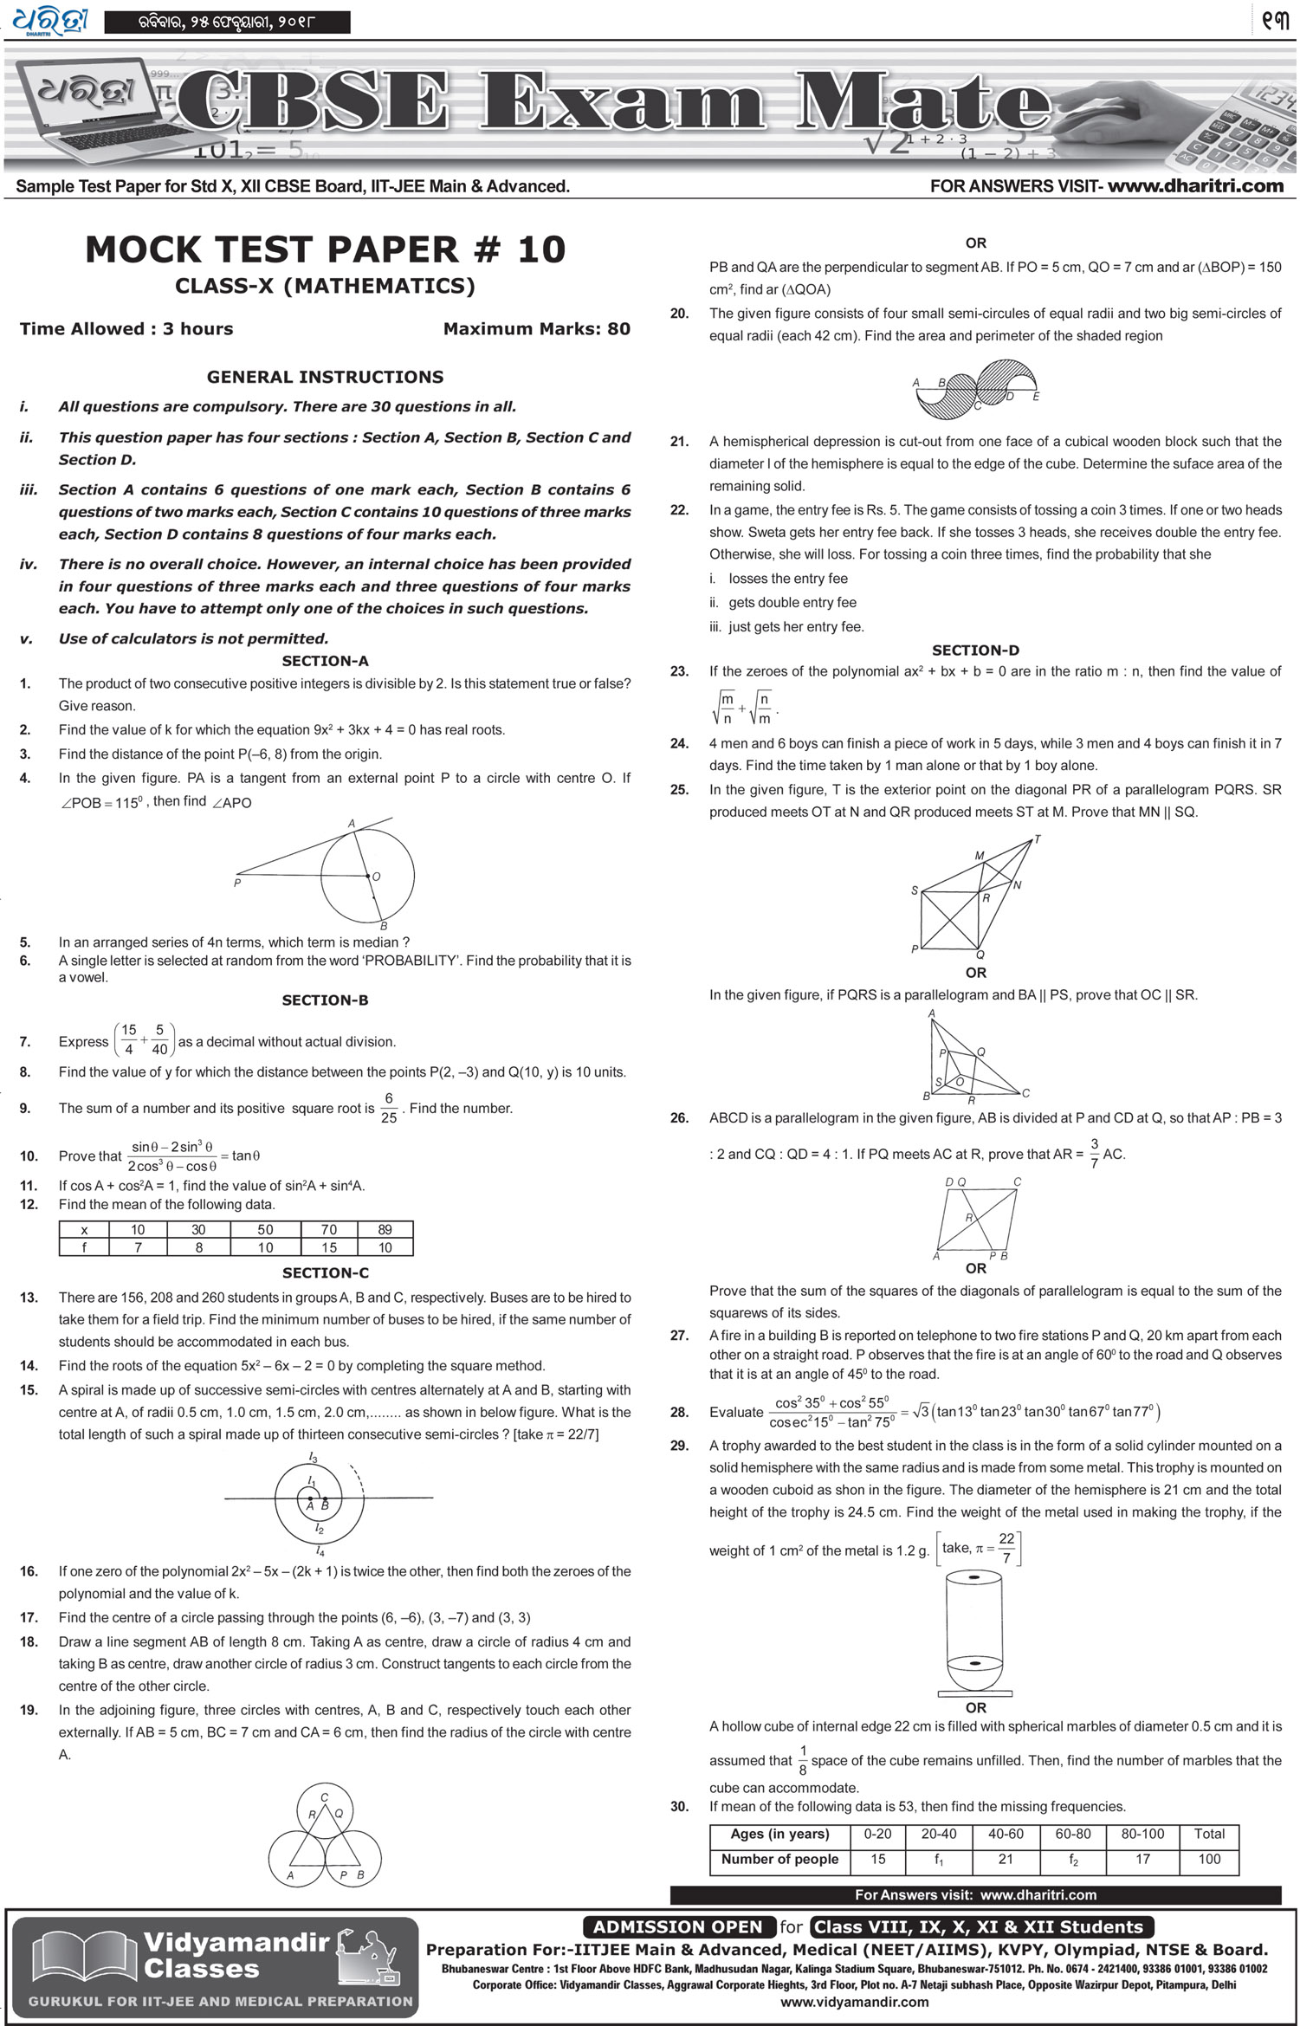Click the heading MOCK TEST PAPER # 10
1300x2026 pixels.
[x=325, y=250]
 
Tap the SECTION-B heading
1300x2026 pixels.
[x=325, y=1000]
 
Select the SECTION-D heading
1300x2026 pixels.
[x=975, y=651]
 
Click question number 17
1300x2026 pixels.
[x=29, y=1617]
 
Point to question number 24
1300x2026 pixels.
[x=679, y=743]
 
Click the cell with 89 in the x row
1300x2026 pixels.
[x=385, y=1229]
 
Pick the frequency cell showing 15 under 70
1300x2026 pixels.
[x=328, y=1247]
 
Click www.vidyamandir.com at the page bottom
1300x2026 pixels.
[x=854, y=2002]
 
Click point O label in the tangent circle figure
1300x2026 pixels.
[x=376, y=877]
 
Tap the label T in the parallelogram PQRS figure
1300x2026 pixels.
[x=1038, y=839]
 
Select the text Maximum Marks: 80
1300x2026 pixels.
[x=536, y=329]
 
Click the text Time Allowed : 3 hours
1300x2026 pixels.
[x=126, y=329]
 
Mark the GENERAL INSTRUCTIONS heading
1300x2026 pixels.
[x=325, y=377]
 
